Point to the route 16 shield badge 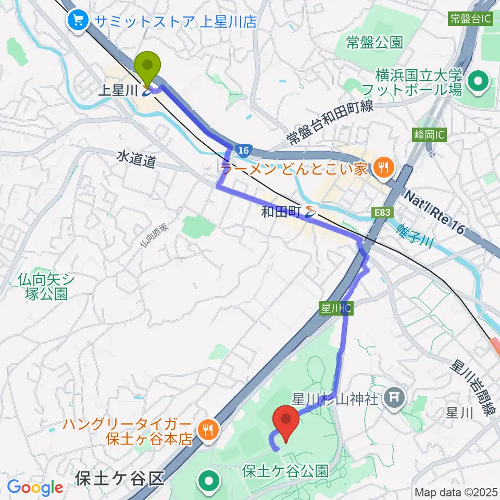(x=243, y=150)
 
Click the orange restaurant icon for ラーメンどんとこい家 (x=383, y=168)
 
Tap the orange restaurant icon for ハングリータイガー (x=208, y=429)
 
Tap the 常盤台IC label (x=471, y=19)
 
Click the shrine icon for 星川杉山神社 (x=394, y=399)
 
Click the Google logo (x=35, y=488)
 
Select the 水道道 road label (x=136, y=159)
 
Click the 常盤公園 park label (x=375, y=42)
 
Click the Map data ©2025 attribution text (x=456, y=492)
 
